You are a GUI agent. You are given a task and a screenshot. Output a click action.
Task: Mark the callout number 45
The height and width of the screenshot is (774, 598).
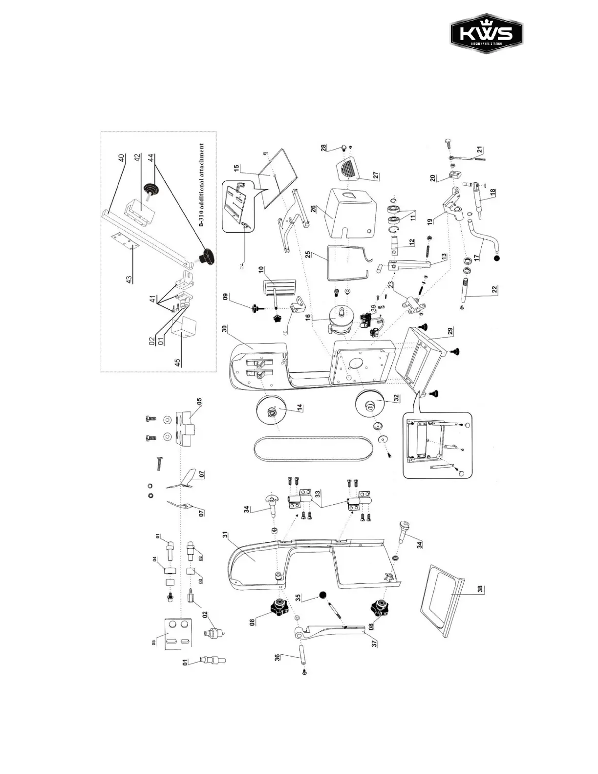178,362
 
